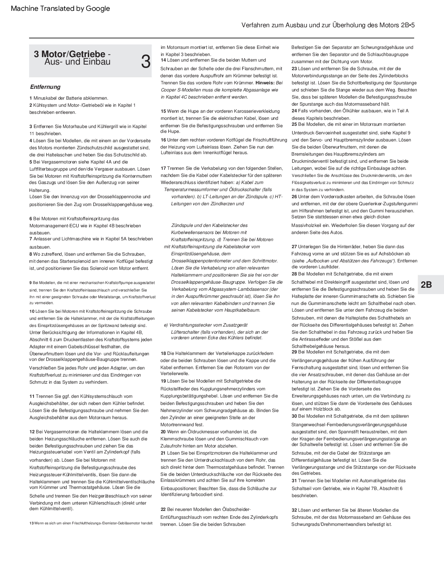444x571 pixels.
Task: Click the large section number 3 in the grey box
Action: pyautogui.click(x=146, y=62)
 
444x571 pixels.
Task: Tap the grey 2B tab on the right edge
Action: pyautogui.click(x=426, y=285)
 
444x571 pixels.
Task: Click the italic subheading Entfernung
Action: pyautogui.click(x=45, y=87)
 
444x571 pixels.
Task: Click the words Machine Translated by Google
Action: pyautogui.click(x=60, y=9)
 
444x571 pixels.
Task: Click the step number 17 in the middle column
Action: pyautogui.click(x=163, y=168)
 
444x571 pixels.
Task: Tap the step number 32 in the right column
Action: pyautogui.click(x=294, y=510)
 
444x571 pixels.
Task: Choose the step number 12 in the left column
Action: pyautogui.click(x=32, y=432)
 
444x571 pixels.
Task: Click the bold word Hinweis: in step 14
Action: pyautogui.click(x=265, y=83)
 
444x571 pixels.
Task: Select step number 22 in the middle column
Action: pyautogui.click(x=163, y=509)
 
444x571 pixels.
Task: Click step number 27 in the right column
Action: pyautogui.click(x=294, y=247)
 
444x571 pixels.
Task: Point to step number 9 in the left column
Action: pyautogui.click(x=31, y=283)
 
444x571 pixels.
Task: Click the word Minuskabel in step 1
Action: pyautogui.click(x=45, y=98)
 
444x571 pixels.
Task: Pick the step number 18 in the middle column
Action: pyautogui.click(x=163, y=353)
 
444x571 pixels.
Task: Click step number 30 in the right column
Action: pyautogui.click(x=294, y=416)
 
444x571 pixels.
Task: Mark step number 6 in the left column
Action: pyautogui.click(x=31, y=219)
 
